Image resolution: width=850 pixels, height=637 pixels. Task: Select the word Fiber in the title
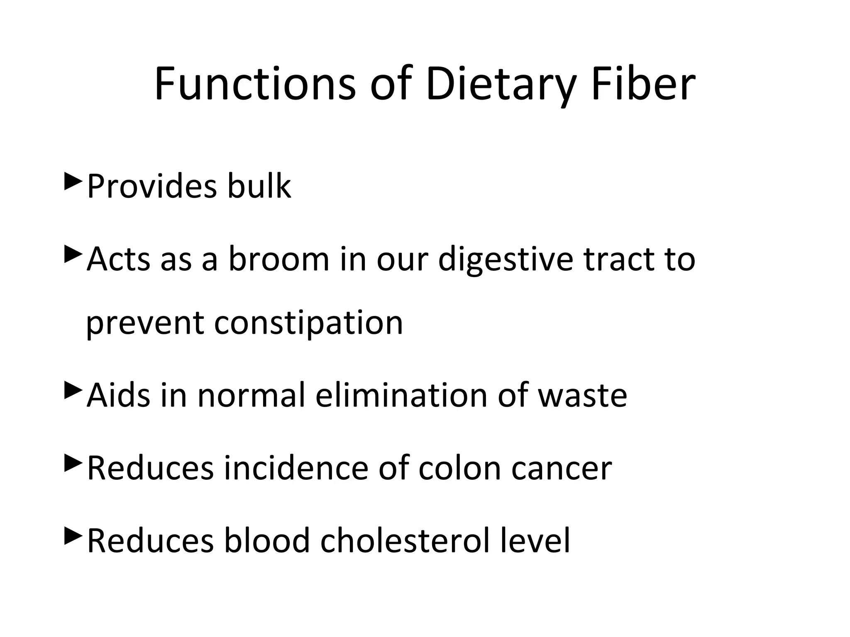(643, 85)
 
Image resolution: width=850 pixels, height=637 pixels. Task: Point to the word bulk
(259, 186)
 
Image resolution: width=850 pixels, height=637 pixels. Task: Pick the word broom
(279, 259)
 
